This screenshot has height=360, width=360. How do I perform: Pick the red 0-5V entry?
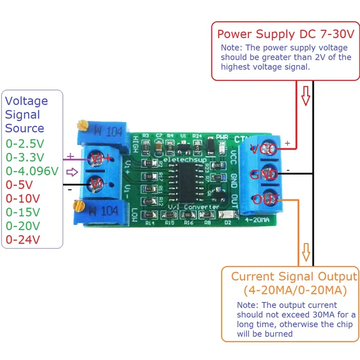(20, 184)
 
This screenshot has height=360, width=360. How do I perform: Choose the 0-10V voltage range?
(22, 199)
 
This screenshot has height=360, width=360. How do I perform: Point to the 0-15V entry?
(22, 212)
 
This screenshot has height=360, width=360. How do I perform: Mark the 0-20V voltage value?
(22, 226)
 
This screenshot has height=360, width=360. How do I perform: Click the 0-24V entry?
(22, 240)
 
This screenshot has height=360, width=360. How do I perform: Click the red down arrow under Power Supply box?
(305, 96)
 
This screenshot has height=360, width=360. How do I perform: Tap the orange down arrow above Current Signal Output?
(305, 253)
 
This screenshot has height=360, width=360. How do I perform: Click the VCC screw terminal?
(263, 150)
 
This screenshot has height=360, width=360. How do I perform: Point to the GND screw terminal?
(263, 174)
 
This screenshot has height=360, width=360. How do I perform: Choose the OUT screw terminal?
(263, 199)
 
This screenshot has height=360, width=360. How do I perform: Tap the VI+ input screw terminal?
(97, 159)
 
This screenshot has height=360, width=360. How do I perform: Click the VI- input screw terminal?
(97, 183)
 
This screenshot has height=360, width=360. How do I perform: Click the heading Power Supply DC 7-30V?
(286, 34)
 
